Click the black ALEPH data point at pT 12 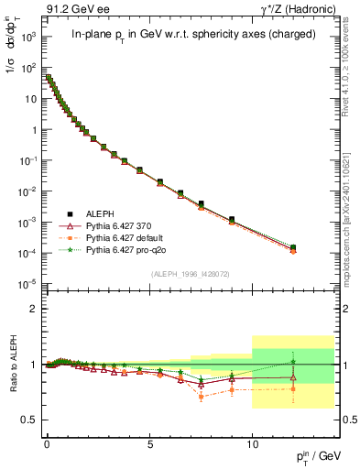tap(293, 247)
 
